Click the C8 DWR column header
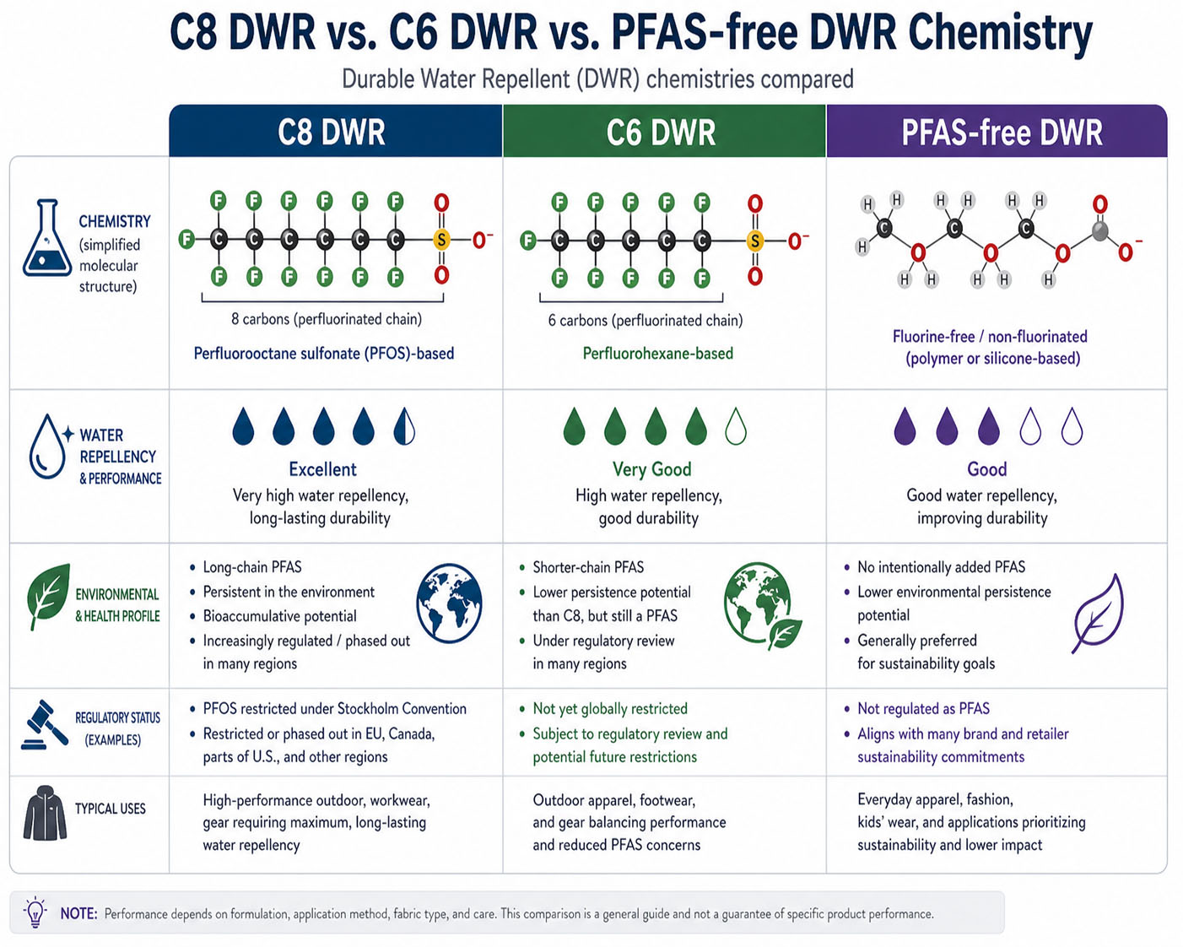[335, 131]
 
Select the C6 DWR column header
[664, 131]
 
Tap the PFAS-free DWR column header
[997, 131]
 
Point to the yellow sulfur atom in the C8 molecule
[440, 239]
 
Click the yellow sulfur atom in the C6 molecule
[754, 241]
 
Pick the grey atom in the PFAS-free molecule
[1099, 231]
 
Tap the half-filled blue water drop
[404, 426]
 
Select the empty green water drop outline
[736, 426]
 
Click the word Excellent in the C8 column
[322, 469]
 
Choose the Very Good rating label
[652, 469]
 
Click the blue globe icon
[449, 603]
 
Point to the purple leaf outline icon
[1097, 614]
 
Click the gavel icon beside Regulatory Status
[45, 725]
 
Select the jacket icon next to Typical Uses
[45, 813]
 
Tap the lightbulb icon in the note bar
[35, 912]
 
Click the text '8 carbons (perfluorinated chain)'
[327, 319]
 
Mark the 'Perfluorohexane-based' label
[658, 353]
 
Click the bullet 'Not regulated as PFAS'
[923, 708]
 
